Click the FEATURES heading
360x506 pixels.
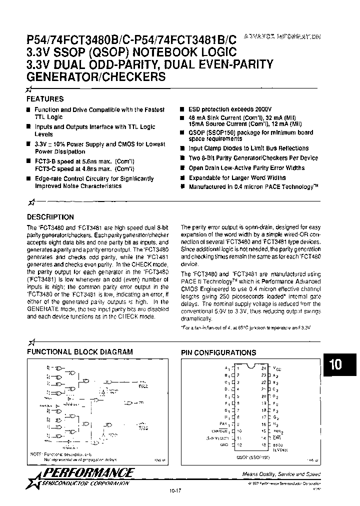coord(45,99)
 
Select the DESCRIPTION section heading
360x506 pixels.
coord(50,217)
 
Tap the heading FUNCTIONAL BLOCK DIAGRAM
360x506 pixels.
coord(79,352)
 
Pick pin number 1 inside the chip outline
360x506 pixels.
coord(238,367)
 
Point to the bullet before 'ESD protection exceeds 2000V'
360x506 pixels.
coord(183,109)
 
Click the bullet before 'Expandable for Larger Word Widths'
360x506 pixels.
coord(183,177)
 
